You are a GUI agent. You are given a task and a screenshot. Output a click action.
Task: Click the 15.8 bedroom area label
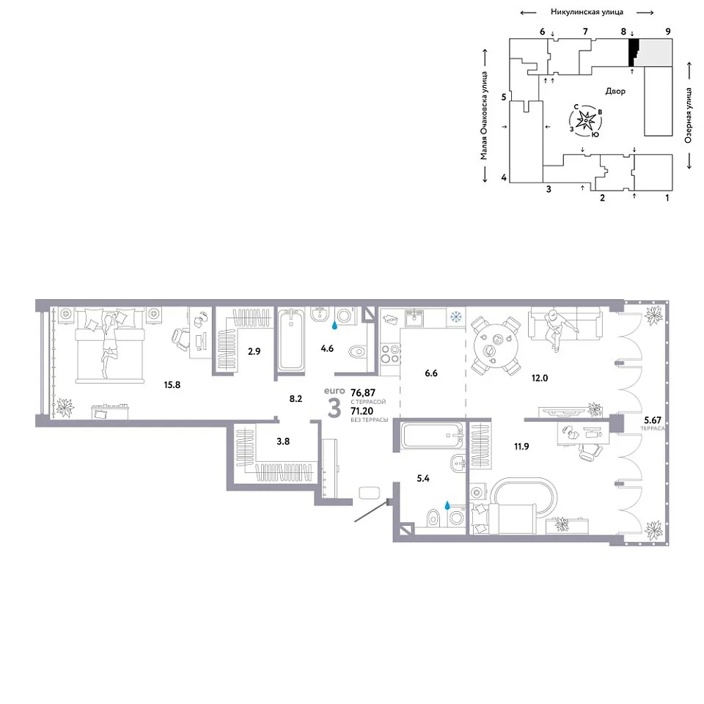coord(172,385)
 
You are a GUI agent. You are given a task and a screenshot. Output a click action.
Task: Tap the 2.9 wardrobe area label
coord(254,351)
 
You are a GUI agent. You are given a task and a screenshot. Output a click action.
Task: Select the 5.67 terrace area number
coord(653,420)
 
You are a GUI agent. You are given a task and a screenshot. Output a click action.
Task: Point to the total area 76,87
coord(363,392)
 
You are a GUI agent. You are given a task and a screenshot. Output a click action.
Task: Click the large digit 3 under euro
coord(334,408)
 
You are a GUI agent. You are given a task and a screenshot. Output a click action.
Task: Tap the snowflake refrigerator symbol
coord(455,318)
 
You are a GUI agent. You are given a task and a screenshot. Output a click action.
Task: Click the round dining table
coord(496,345)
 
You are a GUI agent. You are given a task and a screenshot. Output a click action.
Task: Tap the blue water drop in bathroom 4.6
coord(334,325)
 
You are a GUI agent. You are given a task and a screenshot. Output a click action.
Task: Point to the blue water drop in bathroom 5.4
coord(447,505)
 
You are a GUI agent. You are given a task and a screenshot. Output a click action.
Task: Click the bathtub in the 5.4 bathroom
coord(433,435)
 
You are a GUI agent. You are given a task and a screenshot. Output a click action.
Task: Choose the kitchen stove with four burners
coord(390,353)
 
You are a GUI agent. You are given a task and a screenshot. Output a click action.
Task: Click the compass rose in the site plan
coord(585,120)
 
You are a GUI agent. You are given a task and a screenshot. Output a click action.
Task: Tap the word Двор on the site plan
coord(615,91)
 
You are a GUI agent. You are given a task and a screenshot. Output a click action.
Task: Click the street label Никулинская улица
coord(587,12)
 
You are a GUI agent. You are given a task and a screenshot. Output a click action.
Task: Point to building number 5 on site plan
coord(504,97)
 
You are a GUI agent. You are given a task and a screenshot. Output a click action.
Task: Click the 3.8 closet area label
coord(283,441)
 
